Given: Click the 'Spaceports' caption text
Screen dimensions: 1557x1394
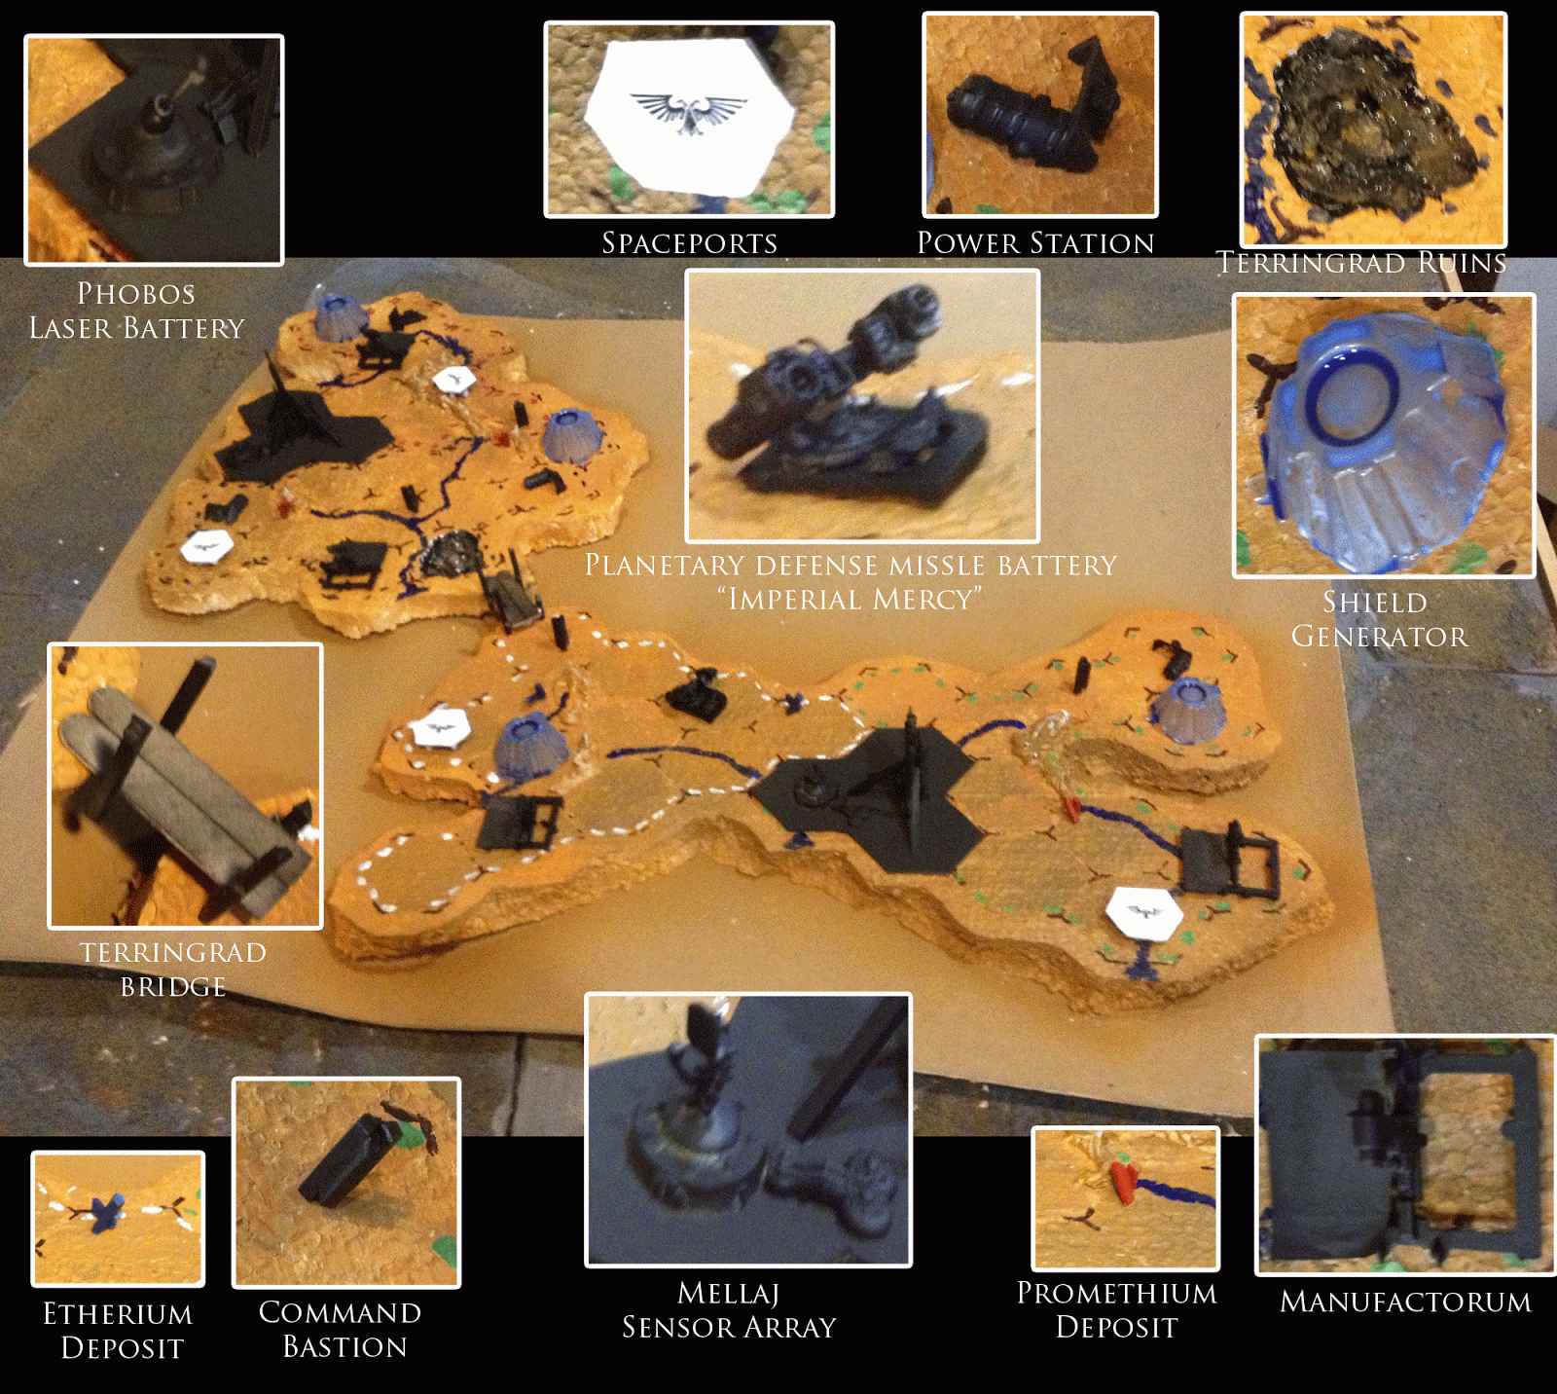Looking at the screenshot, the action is [x=689, y=242].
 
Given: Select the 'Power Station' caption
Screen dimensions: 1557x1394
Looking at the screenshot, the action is [x=1035, y=242].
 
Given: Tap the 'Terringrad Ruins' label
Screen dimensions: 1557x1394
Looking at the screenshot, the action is [x=1361, y=263].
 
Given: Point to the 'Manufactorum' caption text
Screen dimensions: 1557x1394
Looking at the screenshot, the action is [x=1405, y=1302].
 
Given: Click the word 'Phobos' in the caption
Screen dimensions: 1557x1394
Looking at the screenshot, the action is [x=136, y=293].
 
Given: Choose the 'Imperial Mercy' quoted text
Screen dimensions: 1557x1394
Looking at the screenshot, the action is [x=851, y=599].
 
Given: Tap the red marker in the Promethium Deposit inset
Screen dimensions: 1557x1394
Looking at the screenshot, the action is [x=1123, y=1181].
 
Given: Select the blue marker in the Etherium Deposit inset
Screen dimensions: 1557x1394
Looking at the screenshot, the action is [x=106, y=1213].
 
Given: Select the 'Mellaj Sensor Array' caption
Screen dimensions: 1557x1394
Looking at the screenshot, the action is [x=729, y=1310].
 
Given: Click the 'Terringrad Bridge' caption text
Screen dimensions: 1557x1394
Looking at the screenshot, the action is [x=173, y=970].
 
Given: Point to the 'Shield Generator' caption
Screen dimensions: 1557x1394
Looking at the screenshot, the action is [x=1378, y=619].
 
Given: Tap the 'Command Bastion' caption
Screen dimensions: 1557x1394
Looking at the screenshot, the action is [x=341, y=1330].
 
